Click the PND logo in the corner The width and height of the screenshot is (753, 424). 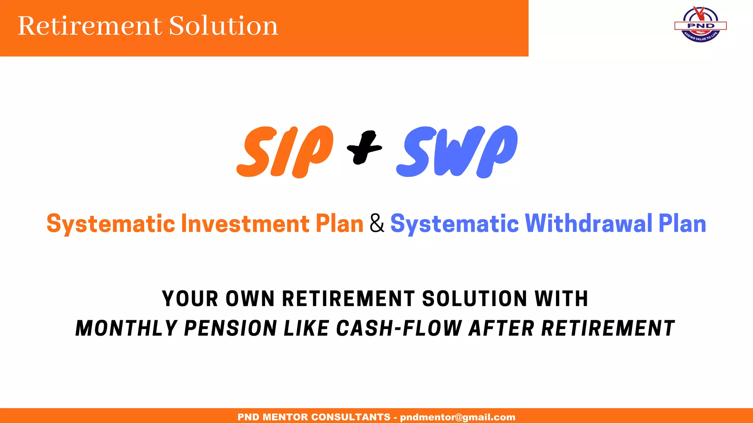pyautogui.click(x=700, y=25)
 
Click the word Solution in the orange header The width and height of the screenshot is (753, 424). pyautogui.click(x=223, y=26)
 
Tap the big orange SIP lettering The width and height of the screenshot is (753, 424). pyautogui.click(x=285, y=152)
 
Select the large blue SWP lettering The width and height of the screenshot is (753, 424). pyautogui.click(x=457, y=152)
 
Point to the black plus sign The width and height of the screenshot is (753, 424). pyautogui.click(x=364, y=147)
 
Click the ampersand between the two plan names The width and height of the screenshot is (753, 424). pyautogui.click(x=377, y=223)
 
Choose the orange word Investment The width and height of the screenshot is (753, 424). pyautogui.click(x=245, y=223)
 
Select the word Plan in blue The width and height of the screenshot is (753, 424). pyautogui.click(x=682, y=223)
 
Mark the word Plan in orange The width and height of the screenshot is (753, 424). pyautogui.click(x=339, y=223)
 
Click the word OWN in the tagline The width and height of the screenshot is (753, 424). pyautogui.click(x=250, y=298)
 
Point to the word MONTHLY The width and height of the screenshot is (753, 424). pyautogui.click(x=126, y=328)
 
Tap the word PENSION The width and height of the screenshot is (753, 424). pyautogui.click(x=230, y=328)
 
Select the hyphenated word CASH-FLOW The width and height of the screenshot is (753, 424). pyautogui.click(x=399, y=328)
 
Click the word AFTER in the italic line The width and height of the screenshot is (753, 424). pyautogui.click(x=501, y=328)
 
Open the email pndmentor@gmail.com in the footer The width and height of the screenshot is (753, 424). pyautogui.click(x=457, y=417)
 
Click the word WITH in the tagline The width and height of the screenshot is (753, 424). pyautogui.click(x=561, y=298)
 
